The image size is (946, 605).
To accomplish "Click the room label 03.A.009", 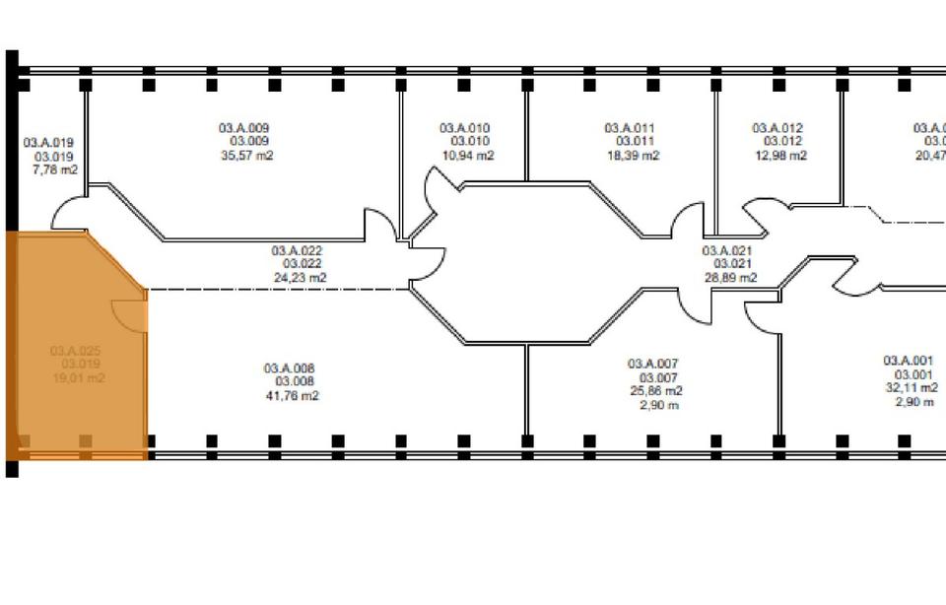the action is (243, 128).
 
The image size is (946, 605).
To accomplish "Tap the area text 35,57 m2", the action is (245, 156).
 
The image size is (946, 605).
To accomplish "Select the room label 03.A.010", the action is (464, 128).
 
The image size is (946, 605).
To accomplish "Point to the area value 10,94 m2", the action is (467, 156).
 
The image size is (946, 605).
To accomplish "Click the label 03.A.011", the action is (629, 128).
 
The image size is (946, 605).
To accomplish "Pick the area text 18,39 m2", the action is (632, 156).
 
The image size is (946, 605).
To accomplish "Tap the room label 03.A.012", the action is (777, 128).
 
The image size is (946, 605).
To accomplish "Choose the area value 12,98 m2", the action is (779, 156).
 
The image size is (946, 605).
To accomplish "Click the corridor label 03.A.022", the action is (298, 250).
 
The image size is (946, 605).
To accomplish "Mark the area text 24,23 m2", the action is (300, 278).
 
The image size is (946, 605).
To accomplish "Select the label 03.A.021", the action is (727, 250).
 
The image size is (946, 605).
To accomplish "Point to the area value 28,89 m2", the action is (729, 278).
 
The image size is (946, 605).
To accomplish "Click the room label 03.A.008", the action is (289, 369).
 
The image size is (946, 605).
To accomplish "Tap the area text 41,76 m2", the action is (291, 396).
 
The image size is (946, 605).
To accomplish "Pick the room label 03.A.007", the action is (653, 364).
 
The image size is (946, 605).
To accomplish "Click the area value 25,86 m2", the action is (655, 390).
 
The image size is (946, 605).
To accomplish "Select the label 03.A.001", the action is (908, 361).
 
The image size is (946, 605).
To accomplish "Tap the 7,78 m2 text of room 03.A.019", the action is (54, 170).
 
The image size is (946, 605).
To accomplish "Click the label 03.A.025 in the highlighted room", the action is (76, 351).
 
